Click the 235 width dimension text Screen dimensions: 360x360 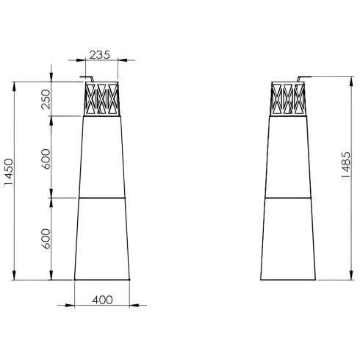[x=99, y=55]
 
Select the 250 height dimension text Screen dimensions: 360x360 [x=46, y=99]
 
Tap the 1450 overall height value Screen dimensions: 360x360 [x=9, y=172]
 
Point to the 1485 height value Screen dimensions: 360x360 [x=346, y=165]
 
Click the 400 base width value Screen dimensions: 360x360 [x=102, y=300]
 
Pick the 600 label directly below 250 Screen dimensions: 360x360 [x=46, y=159]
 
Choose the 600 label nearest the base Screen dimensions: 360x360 [x=46, y=239]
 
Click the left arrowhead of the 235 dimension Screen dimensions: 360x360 [x=81, y=60]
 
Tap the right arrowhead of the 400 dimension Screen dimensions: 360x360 [x=134, y=306]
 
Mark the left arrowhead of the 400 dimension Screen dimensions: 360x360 [x=70, y=306]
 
